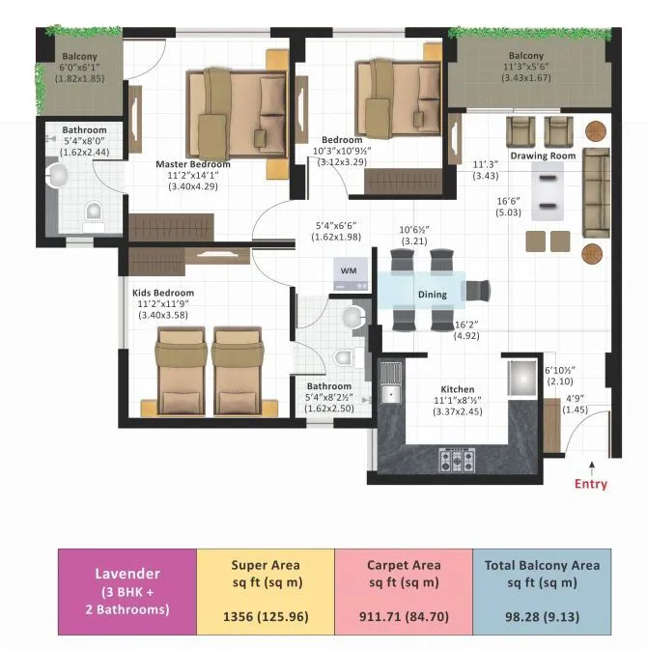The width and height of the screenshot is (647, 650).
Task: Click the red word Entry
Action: pyautogui.click(x=591, y=484)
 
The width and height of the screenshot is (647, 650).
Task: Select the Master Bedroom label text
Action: pyautogui.click(x=193, y=164)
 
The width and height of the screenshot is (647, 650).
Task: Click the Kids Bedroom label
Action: pyautogui.click(x=162, y=293)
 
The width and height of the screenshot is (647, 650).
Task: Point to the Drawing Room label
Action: pyautogui.click(x=543, y=155)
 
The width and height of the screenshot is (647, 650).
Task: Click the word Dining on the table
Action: pyautogui.click(x=432, y=295)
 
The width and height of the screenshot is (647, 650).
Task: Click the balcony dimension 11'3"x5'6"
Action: pyautogui.click(x=526, y=68)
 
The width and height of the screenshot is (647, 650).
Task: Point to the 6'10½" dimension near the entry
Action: pyautogui.click(x=561, y=371)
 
